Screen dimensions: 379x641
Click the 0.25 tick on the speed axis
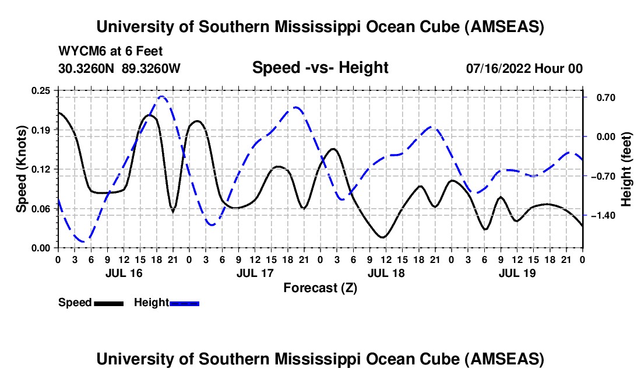click(42, 90)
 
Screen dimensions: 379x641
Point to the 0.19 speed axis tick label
click(42, 129)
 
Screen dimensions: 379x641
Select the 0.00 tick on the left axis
click(42, 248)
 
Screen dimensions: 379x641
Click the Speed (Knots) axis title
click(22, 169)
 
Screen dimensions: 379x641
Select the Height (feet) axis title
click(626, 169)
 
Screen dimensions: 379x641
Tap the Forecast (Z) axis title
click(320, 287)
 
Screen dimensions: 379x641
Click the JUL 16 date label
click(124, 273)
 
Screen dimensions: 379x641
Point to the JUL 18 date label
click(386, 273)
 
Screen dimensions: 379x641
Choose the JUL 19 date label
click(517, 273)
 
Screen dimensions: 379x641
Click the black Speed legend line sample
click(108, 303)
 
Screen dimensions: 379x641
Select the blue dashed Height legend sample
click(185, 303)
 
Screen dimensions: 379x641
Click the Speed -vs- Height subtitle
click(320, 68)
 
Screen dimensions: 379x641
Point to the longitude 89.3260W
click(152, 68)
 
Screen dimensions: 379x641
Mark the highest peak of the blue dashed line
click(162, 97)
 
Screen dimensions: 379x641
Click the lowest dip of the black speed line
click(382, 237)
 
